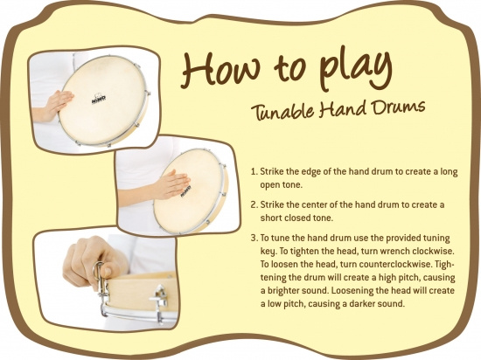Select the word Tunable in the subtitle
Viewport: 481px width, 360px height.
point(282,111)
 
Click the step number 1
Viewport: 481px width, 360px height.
point(254,171)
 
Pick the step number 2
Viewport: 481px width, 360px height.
point(254,204)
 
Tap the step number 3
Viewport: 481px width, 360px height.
point(254,238)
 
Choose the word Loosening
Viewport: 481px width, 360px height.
point(352,291)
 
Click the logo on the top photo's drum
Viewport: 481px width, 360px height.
point(99,98)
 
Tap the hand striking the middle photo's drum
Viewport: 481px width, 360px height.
point(171,183)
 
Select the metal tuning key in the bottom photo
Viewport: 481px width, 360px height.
point(101,282)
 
